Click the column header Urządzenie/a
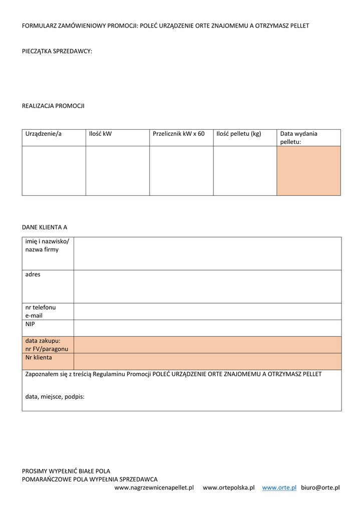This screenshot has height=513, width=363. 44,134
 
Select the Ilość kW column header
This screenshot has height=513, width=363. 100,134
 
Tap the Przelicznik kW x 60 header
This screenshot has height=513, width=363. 179,134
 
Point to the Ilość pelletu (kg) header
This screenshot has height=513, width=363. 239,134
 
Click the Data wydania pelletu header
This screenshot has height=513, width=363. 298,138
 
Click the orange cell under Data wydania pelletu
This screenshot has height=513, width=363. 308,170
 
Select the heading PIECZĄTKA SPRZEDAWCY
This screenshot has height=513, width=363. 57,51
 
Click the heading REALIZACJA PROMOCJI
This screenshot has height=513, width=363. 53,106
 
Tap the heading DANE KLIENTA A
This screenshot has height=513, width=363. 45,227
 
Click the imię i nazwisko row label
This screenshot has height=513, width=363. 48,245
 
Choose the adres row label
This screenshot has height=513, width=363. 33,275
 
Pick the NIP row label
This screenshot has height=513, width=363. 31,324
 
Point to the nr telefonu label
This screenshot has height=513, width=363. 41,308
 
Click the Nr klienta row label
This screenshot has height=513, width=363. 39,358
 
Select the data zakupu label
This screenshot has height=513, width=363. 43,341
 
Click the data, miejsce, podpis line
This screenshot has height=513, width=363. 55,396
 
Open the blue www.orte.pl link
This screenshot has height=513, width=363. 279,487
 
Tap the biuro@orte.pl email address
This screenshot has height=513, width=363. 320,487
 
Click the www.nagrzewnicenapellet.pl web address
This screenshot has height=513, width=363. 154,487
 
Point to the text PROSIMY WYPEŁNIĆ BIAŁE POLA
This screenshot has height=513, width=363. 66,471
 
